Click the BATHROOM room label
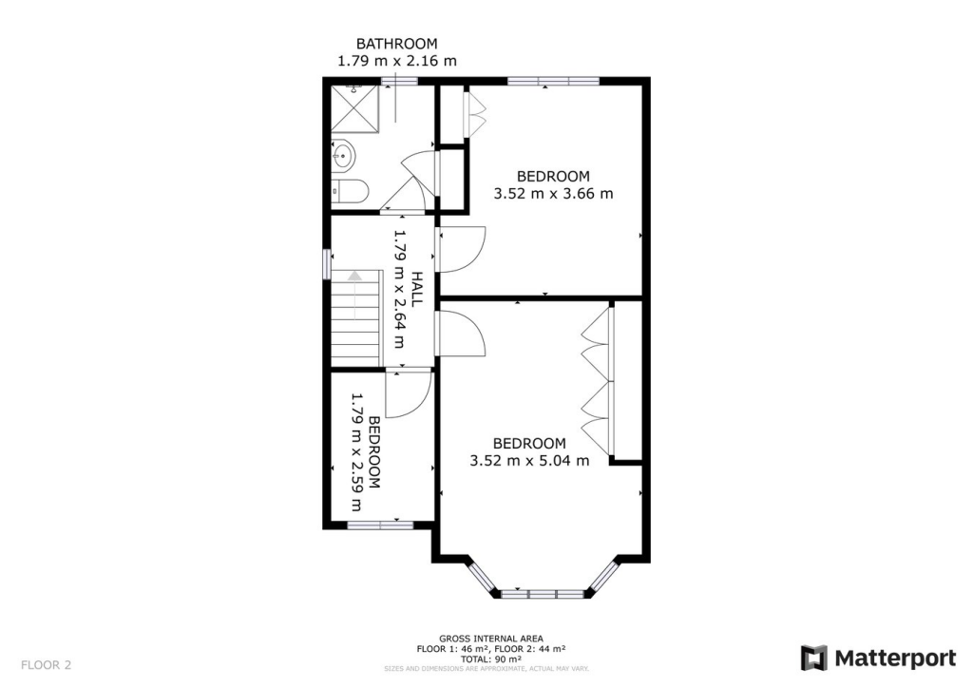tap(396, 44)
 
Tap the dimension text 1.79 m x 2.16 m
tap(396, 61)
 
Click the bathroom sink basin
tap(343, 154)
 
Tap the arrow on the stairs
tap(355, 277)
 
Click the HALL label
tap(417, 290)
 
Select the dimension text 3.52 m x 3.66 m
tap(553, 193)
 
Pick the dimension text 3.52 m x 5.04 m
tap(529, 461)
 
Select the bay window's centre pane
tap(542, 594)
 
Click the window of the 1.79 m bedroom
tap(379, 524)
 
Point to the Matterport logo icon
tap(813, 658)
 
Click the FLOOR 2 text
tap(46, 664)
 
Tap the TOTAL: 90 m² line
tap(490, 659)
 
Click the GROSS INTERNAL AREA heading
tap(490, 639)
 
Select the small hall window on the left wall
tap(326, 261)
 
